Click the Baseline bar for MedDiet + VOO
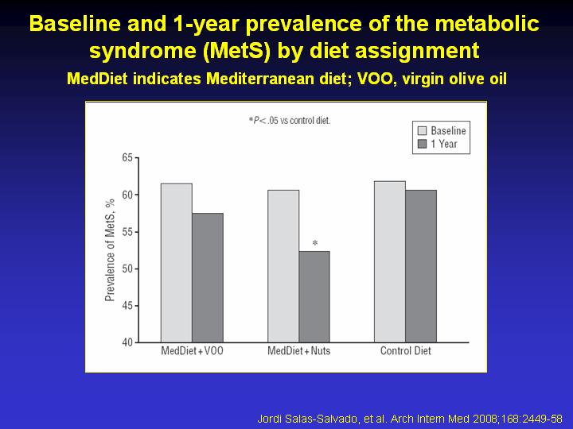pyautogui.click(x=177, y=263)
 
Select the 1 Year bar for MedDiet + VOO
pyautogui.click(x=208, y=278)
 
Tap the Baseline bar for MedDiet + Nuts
pyautogui.click(x=283, y=266)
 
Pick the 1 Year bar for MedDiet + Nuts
pyautogui.click(x=314, y=297)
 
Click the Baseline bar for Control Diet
pyautogui.click(x=390, y=262)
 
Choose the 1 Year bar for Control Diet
pyautogui.click(x=421, y=266)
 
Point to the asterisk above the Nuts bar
pyautogui.click(x=315, y=243)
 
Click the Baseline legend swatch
pyautogui.click(x=422, y=130)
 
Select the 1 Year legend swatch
pyautogui.click(x=422, y=144)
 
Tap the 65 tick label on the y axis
pyautogui.click(x=127, y=158)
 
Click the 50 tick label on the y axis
pyautogui.click(x=127, y=269)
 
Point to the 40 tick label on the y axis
pyautogui.click(x=127, y=342)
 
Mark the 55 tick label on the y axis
pyautogui.click(x=127, y=232)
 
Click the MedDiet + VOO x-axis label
pyautogui.click(x=193, y=351)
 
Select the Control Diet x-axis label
pyautogui.click(x=406, y=351)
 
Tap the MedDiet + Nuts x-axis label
pyautogui.click(x=299, y=351)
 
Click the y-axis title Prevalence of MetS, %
pyautogui.click(x=110, y=250)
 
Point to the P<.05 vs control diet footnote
pyautogui.click(x=290, y=121)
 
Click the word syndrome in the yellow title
pyautogui.click(x=143, y=51)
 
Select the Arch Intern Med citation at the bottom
pyautogui.click(x=409, y=419)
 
